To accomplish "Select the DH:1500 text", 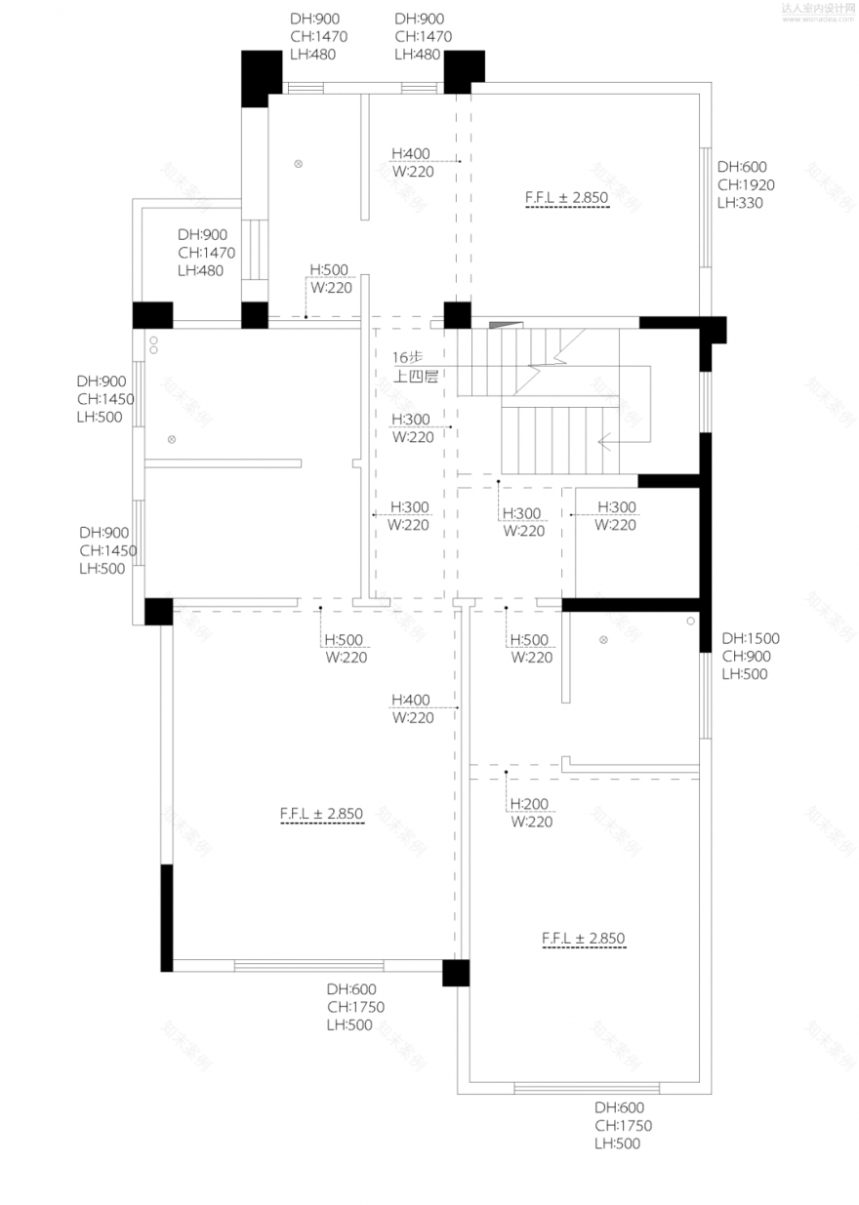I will point(751,638).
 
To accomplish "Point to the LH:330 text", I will point(740,203).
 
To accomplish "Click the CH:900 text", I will point(745,656).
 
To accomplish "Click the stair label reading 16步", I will point(407,357).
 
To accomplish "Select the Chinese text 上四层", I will point(415,375).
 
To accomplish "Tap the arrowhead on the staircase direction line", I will point(604,440).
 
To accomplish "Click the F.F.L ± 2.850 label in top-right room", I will point(566,197).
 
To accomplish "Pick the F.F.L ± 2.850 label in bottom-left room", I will point(321,813).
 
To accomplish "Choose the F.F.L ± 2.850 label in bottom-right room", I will point(583,939).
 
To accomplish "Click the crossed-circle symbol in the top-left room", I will point(300,163).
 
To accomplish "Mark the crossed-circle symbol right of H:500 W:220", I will point(603,640).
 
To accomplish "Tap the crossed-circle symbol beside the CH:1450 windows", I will point(172,440).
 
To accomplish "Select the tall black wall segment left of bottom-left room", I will point(167,917).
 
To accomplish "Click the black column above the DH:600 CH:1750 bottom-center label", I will point(456,973).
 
